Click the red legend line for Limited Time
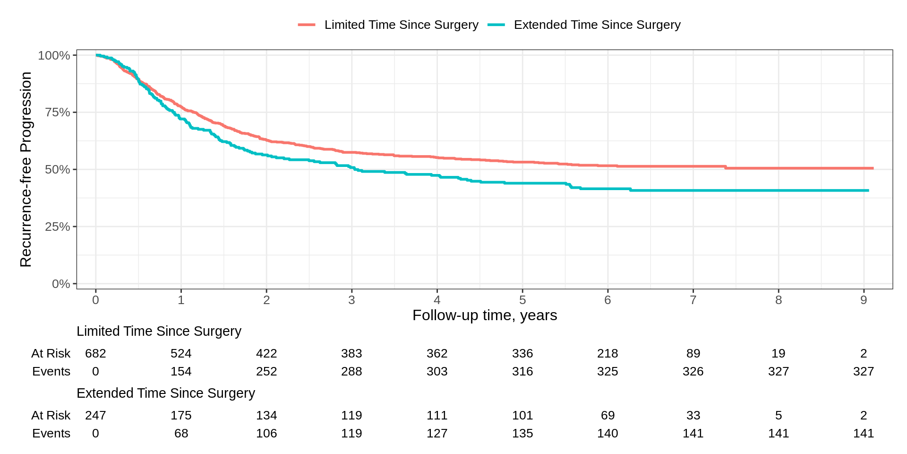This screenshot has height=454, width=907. tap(307, 25)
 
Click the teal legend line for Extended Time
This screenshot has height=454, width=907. tap(496, 25)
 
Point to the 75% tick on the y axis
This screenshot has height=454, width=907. tap(75, 112)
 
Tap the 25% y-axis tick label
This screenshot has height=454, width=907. tap(57, 227)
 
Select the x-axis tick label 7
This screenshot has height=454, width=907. tap(693, 300)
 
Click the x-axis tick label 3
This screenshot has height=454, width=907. tap(351, 300)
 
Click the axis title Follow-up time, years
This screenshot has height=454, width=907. tap(485, 315)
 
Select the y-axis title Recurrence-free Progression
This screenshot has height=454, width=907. tap(26, 169)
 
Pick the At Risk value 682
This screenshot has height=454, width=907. tap(95, 353)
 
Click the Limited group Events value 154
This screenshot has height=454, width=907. tap(181, 371)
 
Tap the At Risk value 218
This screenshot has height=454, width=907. tap(608, 353)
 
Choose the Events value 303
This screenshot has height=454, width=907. tap(437, 371)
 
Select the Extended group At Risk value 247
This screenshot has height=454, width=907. tap(95, 415)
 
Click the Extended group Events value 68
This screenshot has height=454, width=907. tap(181, 433)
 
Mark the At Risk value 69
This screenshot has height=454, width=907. tap(608, 415)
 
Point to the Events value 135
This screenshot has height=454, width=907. tap(522, 433)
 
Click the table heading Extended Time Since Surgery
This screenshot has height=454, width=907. tap(166, 393)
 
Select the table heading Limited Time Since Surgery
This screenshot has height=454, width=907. tap(159, 331)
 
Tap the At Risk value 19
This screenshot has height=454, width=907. tap(779, 353)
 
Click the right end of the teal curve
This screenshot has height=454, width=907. tap(868, 191)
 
